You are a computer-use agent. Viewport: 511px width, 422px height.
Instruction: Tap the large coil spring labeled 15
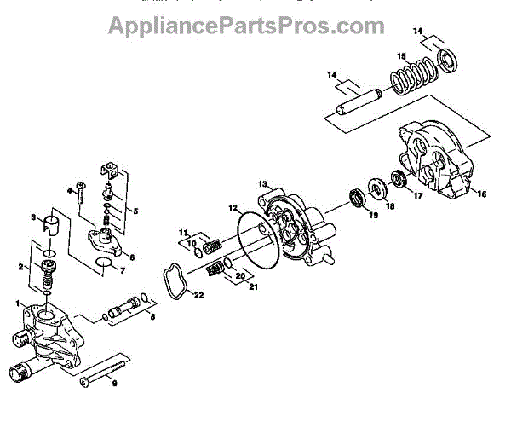[x=414, y=78]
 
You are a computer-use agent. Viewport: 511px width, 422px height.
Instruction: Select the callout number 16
[x=481, y=194]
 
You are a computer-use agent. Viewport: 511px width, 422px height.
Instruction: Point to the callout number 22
[x=198, y=296]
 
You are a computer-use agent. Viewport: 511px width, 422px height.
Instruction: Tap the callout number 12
[x=233, y=207]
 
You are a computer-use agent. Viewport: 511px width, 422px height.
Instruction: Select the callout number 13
[x=263, y=183]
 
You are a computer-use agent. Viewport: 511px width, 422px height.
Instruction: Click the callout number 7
[x=122, y=272]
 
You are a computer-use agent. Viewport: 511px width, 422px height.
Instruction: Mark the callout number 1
[x=16, y=303]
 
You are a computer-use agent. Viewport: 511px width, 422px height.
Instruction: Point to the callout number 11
[x=181, y=232]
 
